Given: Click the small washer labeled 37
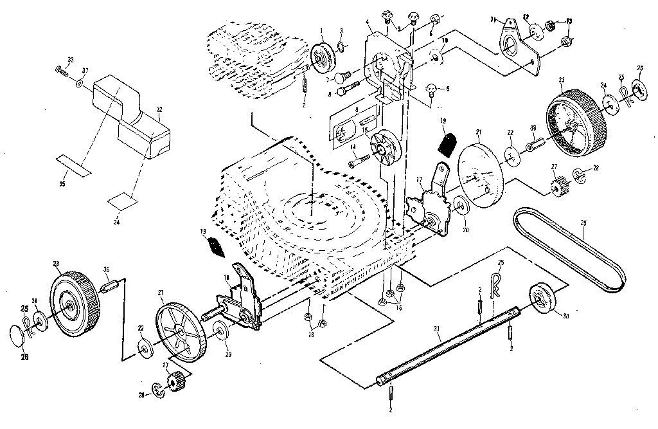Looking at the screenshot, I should tap(78, 83).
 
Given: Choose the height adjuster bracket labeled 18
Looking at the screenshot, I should tap(242, 299).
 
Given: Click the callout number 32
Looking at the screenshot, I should tap(159, 109).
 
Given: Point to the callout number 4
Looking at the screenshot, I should tap(367, 22).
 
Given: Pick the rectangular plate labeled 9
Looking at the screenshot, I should tap(353, 125).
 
